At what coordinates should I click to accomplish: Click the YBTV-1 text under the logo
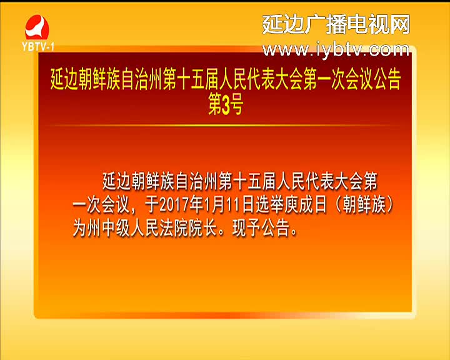pos(38,46)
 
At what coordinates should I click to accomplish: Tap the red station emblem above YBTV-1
pos(37,27)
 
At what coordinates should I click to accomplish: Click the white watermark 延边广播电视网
pos(336,24)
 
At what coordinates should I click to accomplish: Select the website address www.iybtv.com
pos(336,49)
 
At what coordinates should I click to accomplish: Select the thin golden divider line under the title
pos(225,126)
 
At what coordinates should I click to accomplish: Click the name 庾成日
pos(306,205)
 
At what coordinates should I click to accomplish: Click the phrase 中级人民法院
pos(145,229)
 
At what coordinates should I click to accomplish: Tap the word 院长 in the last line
pos(202,229)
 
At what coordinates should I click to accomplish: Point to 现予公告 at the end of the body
pos(261,229)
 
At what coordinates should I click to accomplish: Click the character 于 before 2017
pos(152,205)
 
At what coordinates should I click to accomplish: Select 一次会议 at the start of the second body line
pos(101,205)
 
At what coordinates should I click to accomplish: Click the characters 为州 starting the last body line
pos(87,229)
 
